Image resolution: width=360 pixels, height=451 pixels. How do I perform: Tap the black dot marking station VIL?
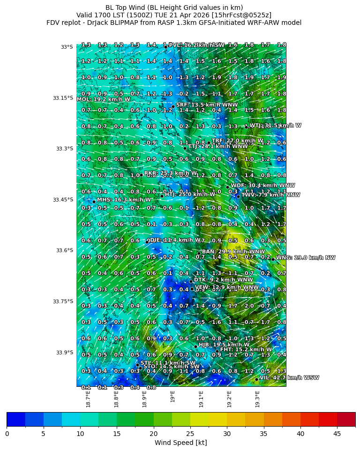(x=257, y=379)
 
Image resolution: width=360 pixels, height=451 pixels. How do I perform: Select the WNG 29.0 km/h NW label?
(x=306, y=258)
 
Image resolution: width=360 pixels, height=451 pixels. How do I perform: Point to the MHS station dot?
(x=94, y=202)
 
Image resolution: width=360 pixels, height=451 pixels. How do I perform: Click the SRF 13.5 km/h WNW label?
(x=207, y=105)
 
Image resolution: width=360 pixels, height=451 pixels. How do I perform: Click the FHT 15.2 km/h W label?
(x=246, y=350)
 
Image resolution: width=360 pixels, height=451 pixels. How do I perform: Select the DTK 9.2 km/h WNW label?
(x=217, y=280)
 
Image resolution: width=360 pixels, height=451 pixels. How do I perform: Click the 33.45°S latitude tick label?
(x=63, y=200)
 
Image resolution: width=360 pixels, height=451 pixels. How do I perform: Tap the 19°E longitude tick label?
(x=172, y=397)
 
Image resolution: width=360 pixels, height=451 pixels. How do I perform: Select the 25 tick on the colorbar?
(x=190, y=434)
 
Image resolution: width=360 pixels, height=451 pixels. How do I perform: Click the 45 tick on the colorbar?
(x=337, y=434)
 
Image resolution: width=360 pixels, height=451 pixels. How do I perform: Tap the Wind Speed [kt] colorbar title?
(x=180, y=443)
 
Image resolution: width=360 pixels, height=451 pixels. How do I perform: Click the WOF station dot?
(x=227, y=187)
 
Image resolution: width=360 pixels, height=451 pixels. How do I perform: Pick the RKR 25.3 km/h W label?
(x=171, y=173)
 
